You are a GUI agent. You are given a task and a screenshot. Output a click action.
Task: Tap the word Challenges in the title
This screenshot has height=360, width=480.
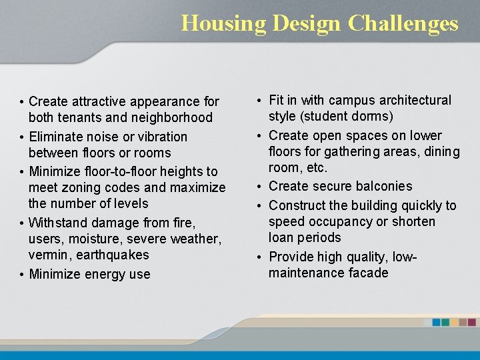pos(403,23)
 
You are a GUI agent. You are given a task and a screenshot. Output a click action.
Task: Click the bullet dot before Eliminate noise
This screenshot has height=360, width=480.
pos(22,137)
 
